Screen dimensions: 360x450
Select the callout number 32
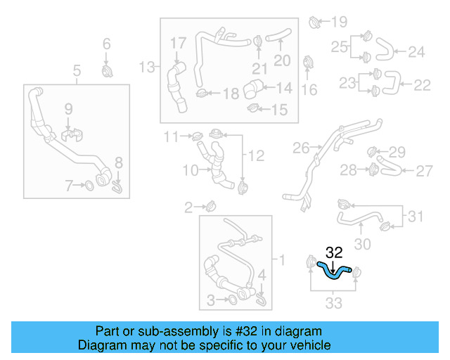[x=334, y=252]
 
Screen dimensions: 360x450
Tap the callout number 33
[x=334, y=303]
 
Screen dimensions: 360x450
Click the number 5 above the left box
[x=77, y=70]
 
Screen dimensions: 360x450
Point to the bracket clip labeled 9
[x=69, y=133]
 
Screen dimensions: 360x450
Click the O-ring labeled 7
[x=90, y=186]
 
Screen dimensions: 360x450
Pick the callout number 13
[x=146, y=67]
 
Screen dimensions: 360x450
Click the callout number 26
[x=300, y=148]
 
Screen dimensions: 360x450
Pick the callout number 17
[x=178, y=44]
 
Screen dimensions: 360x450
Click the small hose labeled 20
[x=281, y=34]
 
